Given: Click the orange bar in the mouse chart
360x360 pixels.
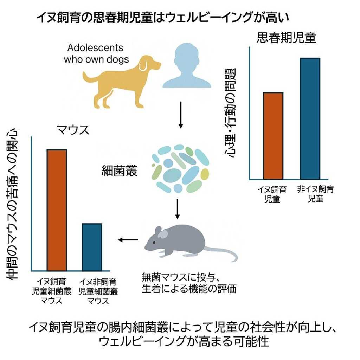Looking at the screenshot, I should [57, 210].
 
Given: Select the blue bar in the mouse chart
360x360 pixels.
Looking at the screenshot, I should [92, 247].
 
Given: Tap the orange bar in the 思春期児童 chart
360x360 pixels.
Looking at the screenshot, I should [273, 135].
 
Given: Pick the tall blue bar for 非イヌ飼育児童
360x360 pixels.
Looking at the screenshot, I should [310, 118].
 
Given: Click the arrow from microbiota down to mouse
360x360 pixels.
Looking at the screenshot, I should [178, 209].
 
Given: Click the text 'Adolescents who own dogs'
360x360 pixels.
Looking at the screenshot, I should [96, 53].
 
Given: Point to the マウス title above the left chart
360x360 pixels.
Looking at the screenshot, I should [73, 130].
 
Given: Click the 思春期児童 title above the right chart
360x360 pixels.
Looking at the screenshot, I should [286, 38].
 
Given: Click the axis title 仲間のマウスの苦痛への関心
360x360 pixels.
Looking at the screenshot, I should [14, 204].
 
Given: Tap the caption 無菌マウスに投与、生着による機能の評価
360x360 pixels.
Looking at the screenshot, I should [188, 283].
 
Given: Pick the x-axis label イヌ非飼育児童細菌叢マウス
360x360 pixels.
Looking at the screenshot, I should [98, 291].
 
